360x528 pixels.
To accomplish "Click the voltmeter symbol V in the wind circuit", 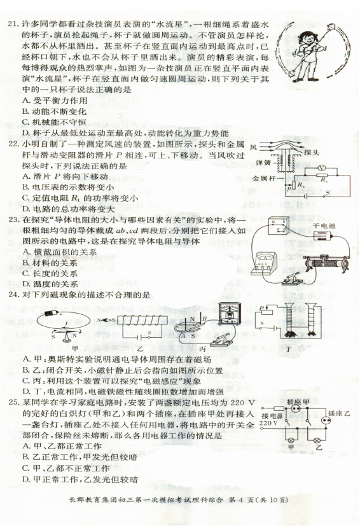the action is click(x=322, y=167).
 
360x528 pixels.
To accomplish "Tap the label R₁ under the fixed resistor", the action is click(x=324, y=180).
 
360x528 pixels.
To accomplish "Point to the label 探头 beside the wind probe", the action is click(x=312, y=153).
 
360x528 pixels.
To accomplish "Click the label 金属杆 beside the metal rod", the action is click(x=263, y=178).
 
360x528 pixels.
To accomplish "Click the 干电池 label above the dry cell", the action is click(x=324, y=226).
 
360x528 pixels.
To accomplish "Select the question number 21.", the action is click(x=13, y=24).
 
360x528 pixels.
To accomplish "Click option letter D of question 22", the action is click(x=25, y=209).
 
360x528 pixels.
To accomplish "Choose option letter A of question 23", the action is click(x=26, y=251).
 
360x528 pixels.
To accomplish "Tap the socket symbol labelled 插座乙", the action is click(x=325, y=420).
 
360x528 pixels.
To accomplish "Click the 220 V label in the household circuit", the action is click(x=268, y=423).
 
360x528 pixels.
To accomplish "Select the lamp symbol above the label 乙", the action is click(x=317, y=440).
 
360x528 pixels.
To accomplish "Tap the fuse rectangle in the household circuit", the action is click(x=279, y=409).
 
